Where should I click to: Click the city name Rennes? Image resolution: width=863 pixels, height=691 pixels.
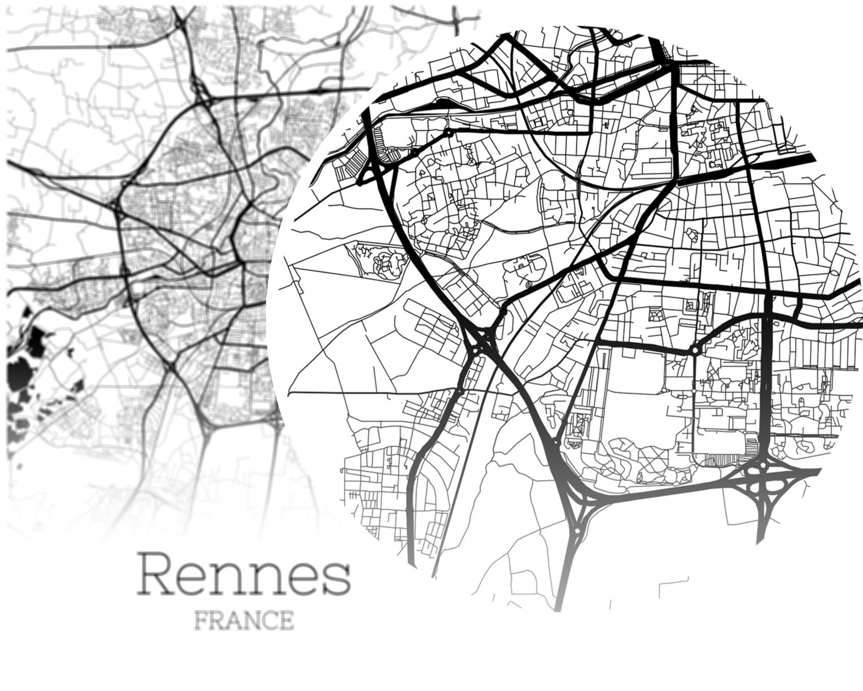pyautogui.click(x=243, y=574)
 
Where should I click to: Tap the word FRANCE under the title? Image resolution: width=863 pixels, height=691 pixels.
pyautogui.click(x=244, y=620)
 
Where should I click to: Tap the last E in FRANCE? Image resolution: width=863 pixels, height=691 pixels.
pyautogui.click(x=285, y=620)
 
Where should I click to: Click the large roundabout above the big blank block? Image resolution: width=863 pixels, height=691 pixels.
pyautogui.click(x=695, y=350)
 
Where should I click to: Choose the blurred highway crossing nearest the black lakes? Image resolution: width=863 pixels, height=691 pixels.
pyautogui.click(x=170, y=366)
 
